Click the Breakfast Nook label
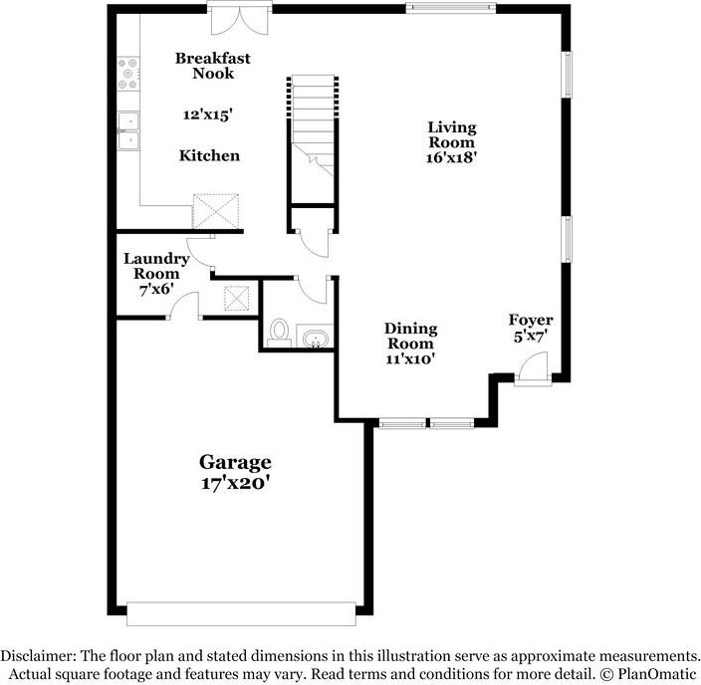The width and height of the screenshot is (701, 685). coord(212,67)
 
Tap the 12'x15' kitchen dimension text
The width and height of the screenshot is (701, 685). coord(208,114)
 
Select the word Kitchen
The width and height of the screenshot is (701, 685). coord(209,155)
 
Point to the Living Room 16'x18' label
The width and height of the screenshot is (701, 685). coord(452,141)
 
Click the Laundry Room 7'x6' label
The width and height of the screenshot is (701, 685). coord(151,274)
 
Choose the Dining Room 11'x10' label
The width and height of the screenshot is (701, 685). coord(410,343)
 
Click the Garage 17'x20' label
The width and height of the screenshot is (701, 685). coord(235,473)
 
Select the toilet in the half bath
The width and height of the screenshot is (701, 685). coord(279,331)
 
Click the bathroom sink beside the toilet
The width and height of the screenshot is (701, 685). coord(315,340)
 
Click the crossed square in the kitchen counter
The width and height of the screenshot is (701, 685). coord(218,210)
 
